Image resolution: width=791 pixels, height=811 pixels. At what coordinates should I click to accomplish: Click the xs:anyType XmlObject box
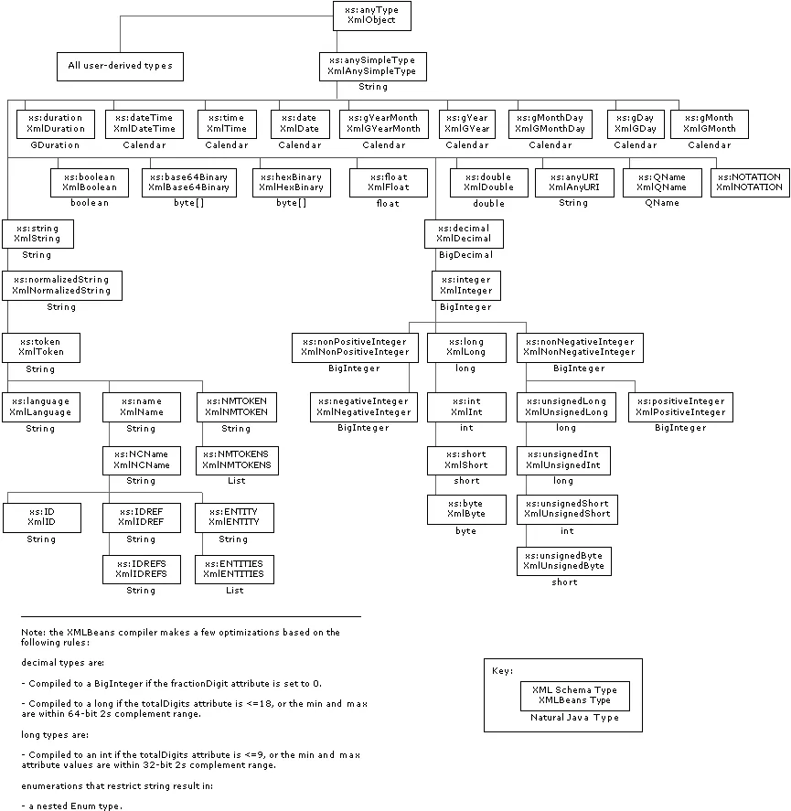371,15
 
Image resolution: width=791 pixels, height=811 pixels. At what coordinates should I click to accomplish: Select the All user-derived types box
120,66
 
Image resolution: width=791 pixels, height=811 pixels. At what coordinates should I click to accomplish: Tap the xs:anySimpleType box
372,66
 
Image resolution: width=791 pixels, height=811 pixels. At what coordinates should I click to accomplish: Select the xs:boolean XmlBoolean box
90,182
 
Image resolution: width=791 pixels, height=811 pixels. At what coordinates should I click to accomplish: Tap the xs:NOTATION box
749,182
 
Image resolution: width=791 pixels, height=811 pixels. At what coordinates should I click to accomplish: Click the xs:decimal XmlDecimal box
465,234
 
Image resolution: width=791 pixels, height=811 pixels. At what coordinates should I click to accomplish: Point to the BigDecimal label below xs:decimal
465,255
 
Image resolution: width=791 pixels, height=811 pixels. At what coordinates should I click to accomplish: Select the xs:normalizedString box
61,285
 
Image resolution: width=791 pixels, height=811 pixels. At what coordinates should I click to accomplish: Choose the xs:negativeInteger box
363,407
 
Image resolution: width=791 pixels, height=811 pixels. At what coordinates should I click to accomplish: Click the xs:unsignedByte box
563,561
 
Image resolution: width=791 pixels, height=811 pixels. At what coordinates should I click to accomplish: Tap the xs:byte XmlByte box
466,508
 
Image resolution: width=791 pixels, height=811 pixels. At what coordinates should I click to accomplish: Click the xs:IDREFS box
141,569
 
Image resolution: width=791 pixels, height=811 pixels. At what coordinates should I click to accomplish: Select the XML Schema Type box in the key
574,696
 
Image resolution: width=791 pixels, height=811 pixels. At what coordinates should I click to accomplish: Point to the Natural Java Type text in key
574,718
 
